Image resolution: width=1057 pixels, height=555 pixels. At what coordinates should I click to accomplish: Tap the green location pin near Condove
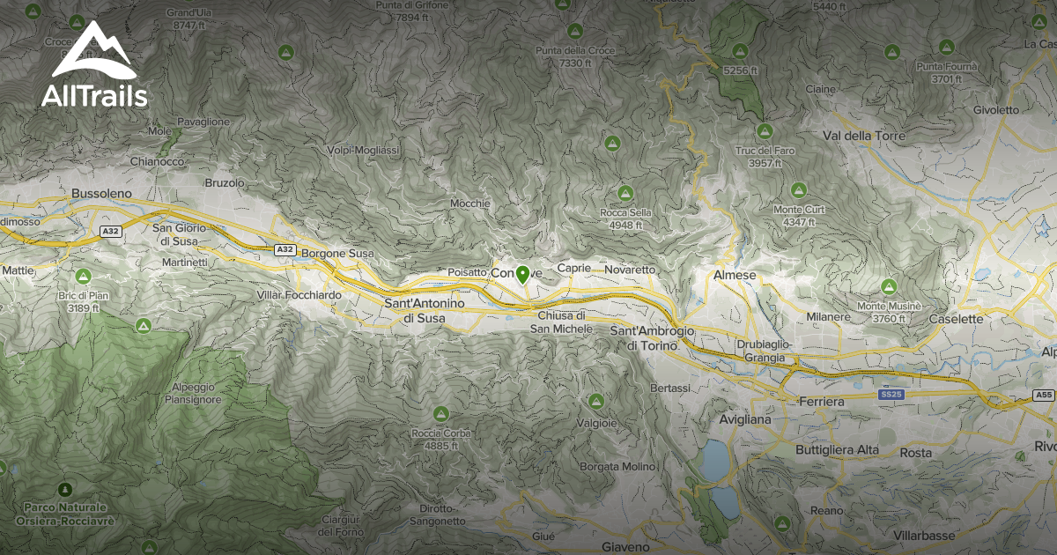tap(522, 274)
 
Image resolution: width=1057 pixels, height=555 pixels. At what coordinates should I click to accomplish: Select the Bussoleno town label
tap(100, 192)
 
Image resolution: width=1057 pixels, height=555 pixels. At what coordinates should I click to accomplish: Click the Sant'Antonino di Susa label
tap(424, 309)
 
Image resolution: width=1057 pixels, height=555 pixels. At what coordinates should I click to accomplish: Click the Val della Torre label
tap(862, 136)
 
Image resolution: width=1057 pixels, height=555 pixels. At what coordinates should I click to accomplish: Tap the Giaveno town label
tap(625, 546)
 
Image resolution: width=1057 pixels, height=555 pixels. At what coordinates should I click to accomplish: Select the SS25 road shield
tap(891, 395)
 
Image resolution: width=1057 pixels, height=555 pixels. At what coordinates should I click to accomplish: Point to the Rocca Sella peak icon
tap(625, 193)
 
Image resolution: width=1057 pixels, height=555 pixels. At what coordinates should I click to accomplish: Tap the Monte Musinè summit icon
tap(889, 286)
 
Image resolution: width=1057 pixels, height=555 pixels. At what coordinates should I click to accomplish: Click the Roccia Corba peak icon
tap(440, 413)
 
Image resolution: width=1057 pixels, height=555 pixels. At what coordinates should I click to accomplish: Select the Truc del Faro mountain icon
tap(765, 131)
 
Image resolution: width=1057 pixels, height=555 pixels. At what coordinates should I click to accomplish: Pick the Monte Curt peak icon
tap(798, 189)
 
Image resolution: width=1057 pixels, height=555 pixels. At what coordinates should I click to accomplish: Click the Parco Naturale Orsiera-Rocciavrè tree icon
tap(64, 489)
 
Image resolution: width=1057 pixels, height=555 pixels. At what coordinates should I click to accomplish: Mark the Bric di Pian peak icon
tap(85, 276)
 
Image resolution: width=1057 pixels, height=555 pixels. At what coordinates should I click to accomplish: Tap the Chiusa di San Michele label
tap(560, 322)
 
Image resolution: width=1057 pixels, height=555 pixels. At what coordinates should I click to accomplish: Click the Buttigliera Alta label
tap(837, 450)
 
